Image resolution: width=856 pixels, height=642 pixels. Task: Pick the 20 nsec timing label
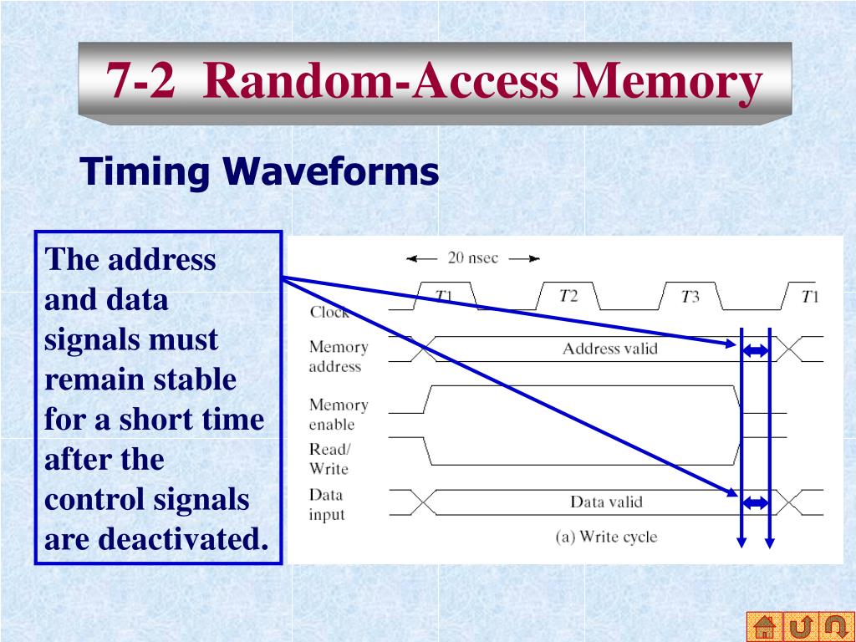(x=472, y=257)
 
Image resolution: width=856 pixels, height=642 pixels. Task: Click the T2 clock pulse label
(x=568, y=295)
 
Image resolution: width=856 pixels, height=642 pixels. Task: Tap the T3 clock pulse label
(x=690, y=296)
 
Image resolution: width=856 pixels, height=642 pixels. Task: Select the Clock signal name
(x=329, y=313)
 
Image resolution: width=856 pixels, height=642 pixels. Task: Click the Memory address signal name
(x=337, y=356)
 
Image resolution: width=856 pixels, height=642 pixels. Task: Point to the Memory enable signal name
(x=338, y=414)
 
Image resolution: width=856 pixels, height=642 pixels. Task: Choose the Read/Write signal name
(x=329, y=459)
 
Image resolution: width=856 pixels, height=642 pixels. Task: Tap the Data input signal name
(x=326, y=504)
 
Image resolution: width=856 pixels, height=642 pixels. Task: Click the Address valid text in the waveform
(x=609, y=349)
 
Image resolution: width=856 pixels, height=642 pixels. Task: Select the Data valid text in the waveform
(x=606, y=502)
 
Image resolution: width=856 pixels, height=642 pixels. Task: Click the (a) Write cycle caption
(x=606, y=536)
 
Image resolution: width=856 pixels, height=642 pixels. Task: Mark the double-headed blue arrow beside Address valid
(x=756, y=352)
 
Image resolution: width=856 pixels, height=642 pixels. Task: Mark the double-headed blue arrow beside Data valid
(x=756, y=502)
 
